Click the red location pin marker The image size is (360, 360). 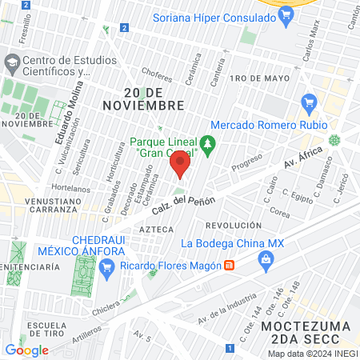tap(180, 166)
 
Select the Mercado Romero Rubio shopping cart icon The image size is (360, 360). tap(309, 103)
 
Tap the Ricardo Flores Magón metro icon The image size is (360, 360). tap(229, 265)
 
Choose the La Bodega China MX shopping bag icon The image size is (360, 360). tap(265, 258)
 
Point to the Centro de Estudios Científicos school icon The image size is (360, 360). tap(12, 62)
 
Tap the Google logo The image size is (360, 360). tap(26, 350)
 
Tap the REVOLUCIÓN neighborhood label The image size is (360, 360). tap(233, 226)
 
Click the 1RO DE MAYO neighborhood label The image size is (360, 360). tap(258, 78)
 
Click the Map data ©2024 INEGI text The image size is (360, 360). tap(313, 353)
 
